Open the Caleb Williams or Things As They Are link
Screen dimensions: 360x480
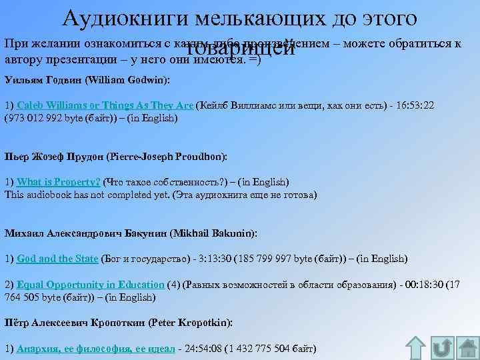coord(105,105)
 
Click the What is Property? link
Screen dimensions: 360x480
coord(59,182)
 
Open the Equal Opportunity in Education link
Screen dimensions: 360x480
coord(91,285)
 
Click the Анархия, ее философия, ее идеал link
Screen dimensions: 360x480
coord(96,349)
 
